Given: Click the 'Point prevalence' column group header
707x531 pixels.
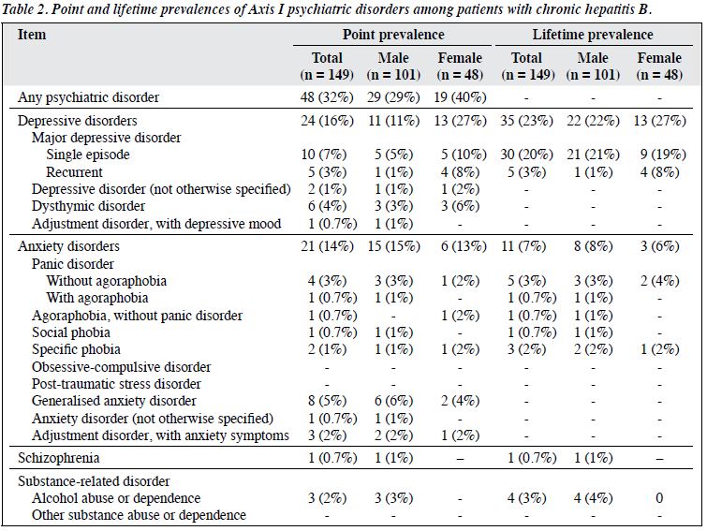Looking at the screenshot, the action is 393,35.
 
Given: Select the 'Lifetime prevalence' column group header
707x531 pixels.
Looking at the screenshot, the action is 593,35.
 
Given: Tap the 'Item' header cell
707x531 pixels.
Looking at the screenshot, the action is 32,35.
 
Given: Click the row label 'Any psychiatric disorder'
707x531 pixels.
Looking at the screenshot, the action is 88,97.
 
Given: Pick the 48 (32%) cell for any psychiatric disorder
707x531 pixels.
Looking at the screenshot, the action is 327,97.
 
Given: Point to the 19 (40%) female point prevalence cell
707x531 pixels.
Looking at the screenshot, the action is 460,97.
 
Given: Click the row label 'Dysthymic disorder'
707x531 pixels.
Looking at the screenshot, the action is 88,206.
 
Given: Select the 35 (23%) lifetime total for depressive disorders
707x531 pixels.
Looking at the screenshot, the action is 526,121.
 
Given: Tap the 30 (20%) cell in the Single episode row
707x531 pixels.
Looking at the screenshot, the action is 526,155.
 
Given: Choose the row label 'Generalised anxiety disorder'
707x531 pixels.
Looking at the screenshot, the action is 114,401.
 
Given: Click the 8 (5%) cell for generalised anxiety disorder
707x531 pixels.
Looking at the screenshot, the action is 327,401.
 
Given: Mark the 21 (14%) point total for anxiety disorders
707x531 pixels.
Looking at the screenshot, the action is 327,246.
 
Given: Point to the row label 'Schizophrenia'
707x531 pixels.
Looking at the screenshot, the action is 59,458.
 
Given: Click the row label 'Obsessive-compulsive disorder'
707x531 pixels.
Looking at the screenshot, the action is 122,367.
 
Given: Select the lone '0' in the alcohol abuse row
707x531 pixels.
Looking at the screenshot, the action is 659,498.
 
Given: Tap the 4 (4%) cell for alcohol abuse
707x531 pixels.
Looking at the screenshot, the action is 593,498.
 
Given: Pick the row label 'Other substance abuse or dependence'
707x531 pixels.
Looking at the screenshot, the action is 139,515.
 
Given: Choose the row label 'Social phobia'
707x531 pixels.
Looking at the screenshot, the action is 71,332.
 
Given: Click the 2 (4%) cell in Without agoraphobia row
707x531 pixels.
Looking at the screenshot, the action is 659,281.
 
